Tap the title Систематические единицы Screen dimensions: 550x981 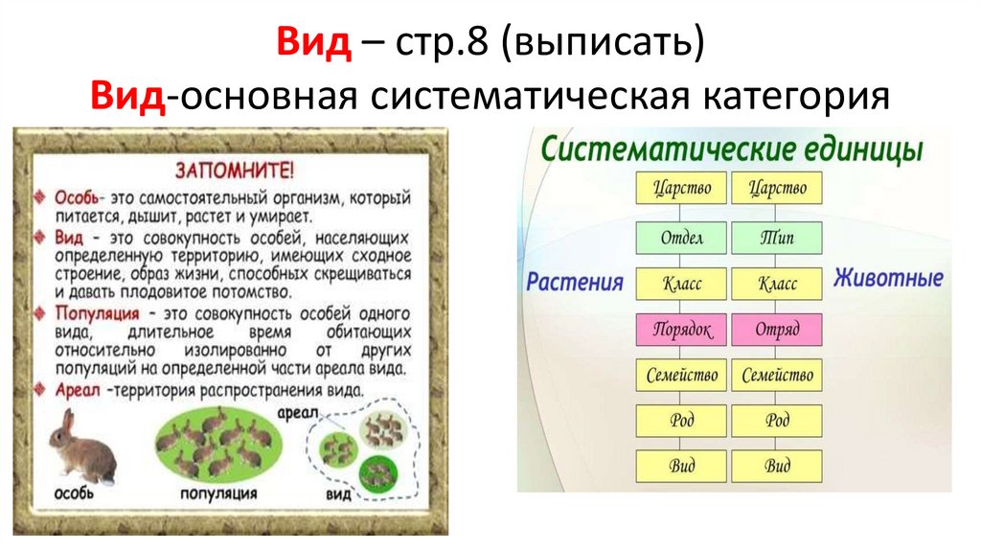click(732, 149)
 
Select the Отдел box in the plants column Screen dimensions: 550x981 click(681, 236)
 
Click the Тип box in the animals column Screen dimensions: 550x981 click(776, 236)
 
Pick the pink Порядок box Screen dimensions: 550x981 click(681, 329)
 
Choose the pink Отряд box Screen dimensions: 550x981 click(776, 329)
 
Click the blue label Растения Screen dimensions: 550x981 click(574, 283)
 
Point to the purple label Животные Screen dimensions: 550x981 click(887, 279)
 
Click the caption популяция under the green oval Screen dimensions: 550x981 click(218, 493)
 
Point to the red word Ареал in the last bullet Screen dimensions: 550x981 click(73, 390)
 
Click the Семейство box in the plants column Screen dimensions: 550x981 click(681, 375)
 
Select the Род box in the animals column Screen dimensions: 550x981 click(776, 421)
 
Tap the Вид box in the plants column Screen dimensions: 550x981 click(681, 467)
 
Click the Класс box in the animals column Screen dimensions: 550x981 click(776, 283)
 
